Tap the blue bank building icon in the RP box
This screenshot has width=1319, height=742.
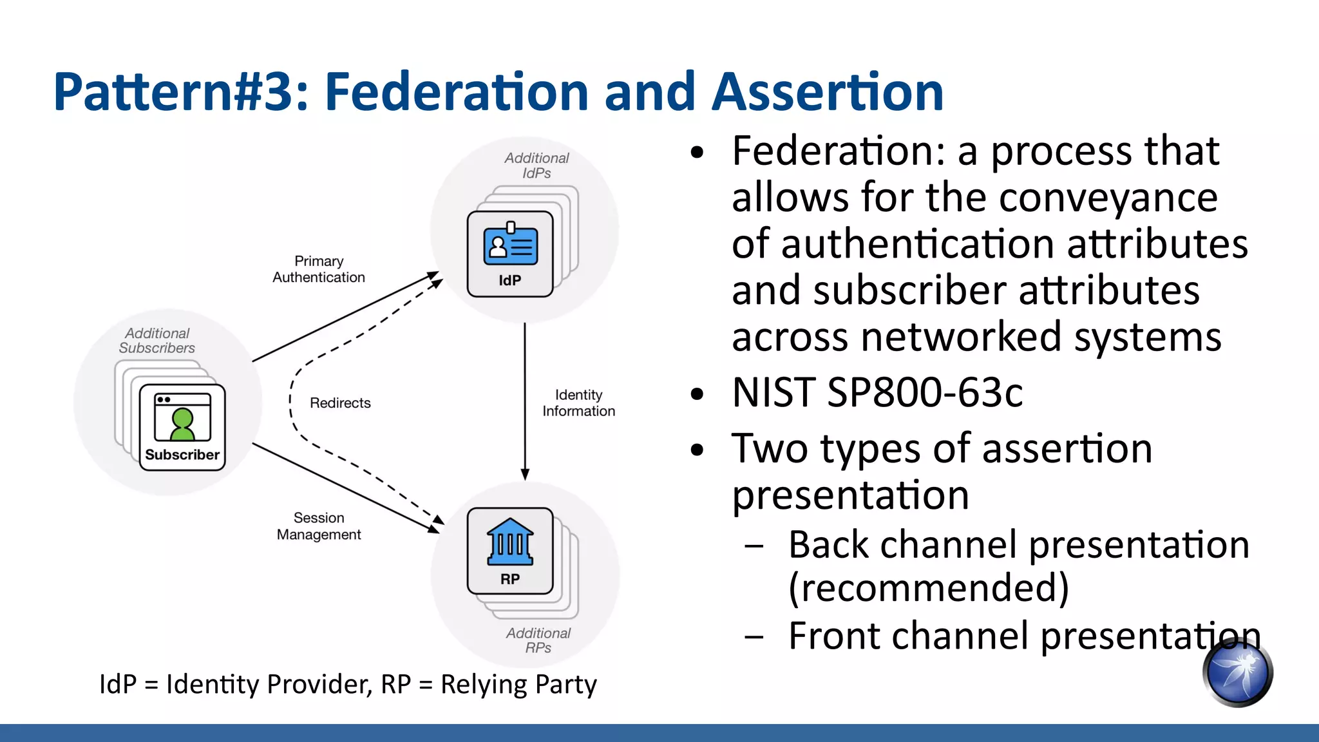coord(510,542)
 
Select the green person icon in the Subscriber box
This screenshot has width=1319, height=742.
coord(182,423)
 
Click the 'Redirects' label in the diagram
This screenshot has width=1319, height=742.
coord(340,403)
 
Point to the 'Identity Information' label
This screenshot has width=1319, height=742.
coord(578,403)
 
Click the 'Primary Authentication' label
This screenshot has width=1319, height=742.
coord(319,269)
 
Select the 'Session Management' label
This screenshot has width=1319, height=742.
coord(319,526)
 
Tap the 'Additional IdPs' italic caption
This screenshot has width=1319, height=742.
coord(536,166)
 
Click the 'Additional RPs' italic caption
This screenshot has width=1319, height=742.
coord(538,640)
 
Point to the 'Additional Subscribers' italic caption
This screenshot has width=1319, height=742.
coord(157,341)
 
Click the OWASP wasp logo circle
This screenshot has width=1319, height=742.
coord(1237,672)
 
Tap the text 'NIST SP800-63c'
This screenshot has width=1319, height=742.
coord(877,392)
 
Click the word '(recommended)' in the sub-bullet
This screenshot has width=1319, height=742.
coord(928,587)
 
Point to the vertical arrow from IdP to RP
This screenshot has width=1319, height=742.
coord(525,399)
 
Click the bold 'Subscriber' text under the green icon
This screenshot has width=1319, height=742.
coord(182,455)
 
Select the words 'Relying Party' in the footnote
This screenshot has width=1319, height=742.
coord(518,684)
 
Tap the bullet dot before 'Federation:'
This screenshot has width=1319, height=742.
coord(697,153)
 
